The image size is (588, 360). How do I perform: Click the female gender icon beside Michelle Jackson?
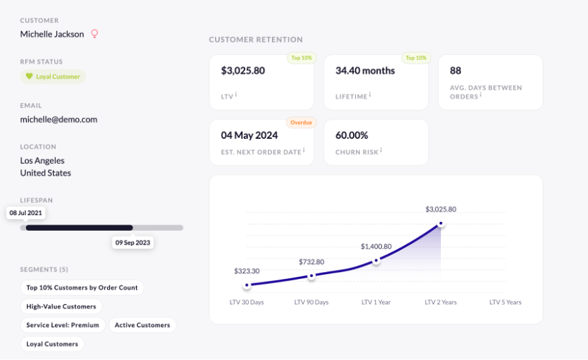pyautogui.click(x=95, y=34)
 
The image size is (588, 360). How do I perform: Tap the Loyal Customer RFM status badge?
pyautogui.click(x=53, y=77)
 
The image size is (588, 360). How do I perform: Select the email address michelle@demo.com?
pyautogui.click(x=58, y=119)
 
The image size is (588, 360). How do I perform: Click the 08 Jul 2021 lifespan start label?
pyautogui.click(x=25, y=213)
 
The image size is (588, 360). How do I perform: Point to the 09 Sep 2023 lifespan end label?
pyautogui.click(x=133, y=243)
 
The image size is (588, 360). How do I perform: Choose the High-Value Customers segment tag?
pyautogui.click(x=61, y=306)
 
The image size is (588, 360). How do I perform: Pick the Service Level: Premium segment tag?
pyautogui.click(x=63, y=325)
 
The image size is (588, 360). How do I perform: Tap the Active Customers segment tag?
pyautogui.click(x=142, y=325)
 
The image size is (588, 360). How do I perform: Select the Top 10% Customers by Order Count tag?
pyautogui.click(x=82, y=288)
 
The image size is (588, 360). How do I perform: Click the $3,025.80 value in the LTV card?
pyautogui.click(x=243, y=71)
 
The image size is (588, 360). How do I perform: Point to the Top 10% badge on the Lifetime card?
pyautogui.click(x=416, y=58)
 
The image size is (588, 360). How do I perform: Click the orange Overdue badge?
pyautogui.click(x=300, y=123)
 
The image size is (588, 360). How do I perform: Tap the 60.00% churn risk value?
pyautogui.click(x=352, y=135)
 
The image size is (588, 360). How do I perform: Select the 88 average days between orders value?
pyautogui.click(x=455, y=71)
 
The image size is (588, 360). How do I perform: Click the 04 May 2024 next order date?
pyautogui.click(x=250, y=135)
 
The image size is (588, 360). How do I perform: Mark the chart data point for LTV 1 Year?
pyautogui.click(x=376, y=261)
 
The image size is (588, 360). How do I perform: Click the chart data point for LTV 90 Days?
pyautogui.click(x=311, y=276)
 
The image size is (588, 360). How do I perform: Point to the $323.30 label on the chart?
pyautogui.click(x=247, y=271)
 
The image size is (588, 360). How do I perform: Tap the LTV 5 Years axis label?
pyautogui.click(x=505, y=302)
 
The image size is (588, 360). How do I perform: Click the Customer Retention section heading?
pyautogui.click(x=256, y=40)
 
